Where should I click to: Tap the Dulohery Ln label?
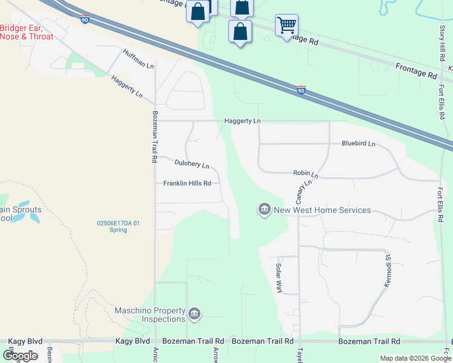pos(191,164)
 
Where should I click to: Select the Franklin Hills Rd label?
pos(187,183)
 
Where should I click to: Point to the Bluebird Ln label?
pos(359,144)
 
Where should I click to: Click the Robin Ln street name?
pos(305,174)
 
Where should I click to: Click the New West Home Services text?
pos(322,210)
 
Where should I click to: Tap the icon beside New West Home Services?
pos(264,209)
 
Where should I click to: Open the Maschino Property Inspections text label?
pos(150,315)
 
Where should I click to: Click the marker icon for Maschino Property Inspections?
pos(194,313)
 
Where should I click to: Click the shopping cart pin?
pos(286,25)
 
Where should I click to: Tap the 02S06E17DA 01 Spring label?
pos(119,226)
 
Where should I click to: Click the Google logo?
pos(20,355)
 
